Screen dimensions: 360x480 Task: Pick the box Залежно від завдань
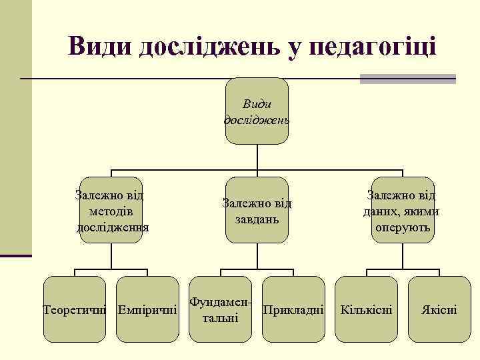point(257,211)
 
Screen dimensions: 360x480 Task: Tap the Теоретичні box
point(75,310)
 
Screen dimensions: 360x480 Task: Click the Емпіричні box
point(147,310)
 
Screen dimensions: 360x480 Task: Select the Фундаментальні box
point(220,310)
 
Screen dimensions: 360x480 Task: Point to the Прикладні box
point(293,310)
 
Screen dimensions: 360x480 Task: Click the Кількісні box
point(366,310)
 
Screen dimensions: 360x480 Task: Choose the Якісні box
point(439,310)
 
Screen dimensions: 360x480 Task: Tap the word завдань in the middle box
point(257,219)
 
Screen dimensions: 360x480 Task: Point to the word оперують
point(403,227)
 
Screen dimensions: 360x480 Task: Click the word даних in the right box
point(381,212)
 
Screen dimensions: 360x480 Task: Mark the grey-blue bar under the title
point(407,79)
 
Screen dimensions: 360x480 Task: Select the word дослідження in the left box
point(113,227)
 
